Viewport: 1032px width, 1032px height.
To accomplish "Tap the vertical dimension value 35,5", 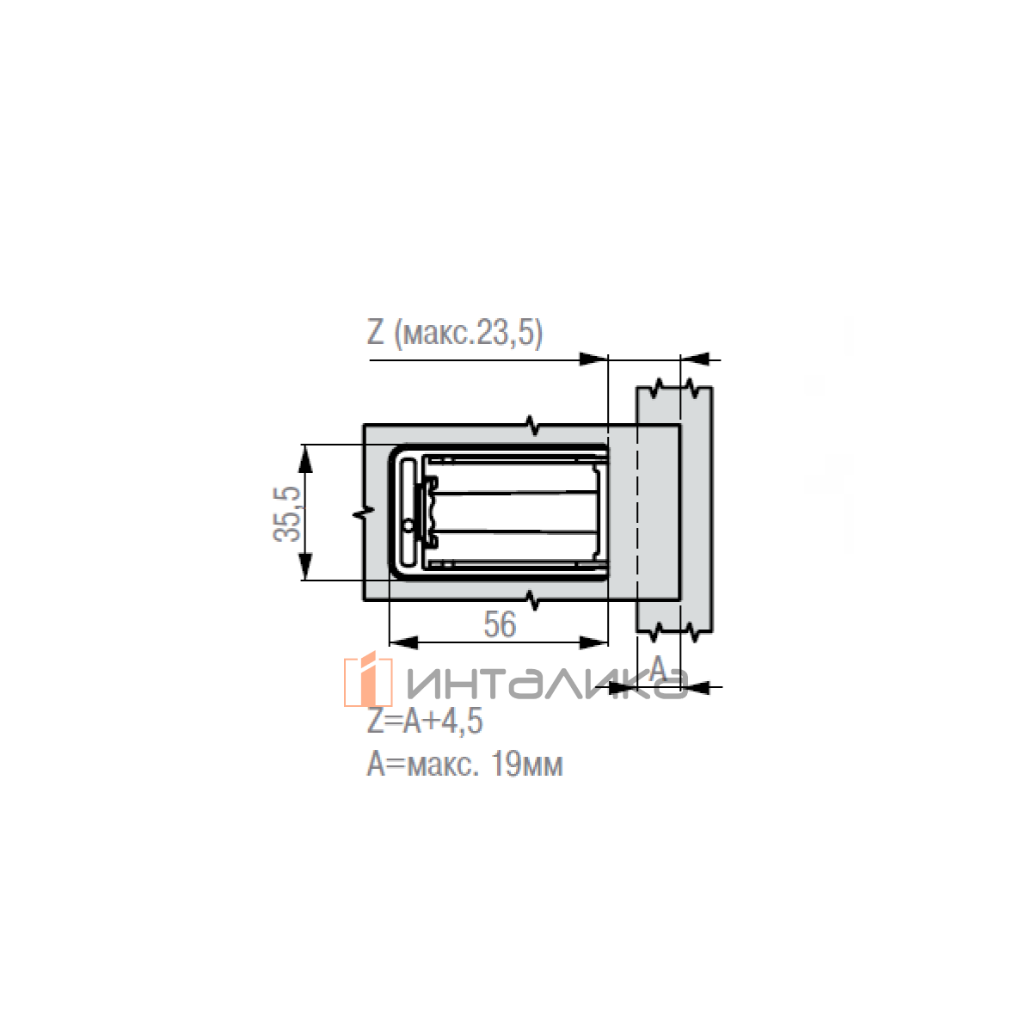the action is click(x=287, y=513).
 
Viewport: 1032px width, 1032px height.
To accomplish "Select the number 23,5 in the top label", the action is click(x=508, y=333).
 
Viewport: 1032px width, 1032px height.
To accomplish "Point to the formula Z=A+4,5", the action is click(x=425, y=721).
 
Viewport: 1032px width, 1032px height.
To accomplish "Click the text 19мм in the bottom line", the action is click(x=526, y=765).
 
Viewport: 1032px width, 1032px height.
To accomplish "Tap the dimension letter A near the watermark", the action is click(x=658, y=668).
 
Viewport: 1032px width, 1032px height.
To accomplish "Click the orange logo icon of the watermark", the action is click(x=368, y=679).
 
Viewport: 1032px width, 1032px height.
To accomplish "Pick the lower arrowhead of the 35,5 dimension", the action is click(x=304, y=567).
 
